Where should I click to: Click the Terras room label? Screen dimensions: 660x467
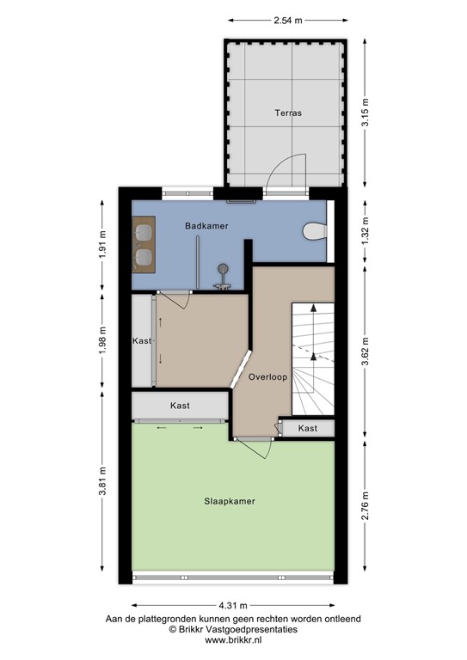coord(288,113)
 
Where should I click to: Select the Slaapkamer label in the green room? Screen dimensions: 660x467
coord(229,501)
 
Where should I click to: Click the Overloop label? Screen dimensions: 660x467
coord(267,377)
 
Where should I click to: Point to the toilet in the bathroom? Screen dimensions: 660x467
coord(316,231)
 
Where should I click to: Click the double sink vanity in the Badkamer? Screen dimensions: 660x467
coord(144,243)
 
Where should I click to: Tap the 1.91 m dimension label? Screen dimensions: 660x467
coord(102,247)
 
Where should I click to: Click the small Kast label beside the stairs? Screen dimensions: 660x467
coord(307,428)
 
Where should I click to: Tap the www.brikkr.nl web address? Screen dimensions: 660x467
coord(232,641)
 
